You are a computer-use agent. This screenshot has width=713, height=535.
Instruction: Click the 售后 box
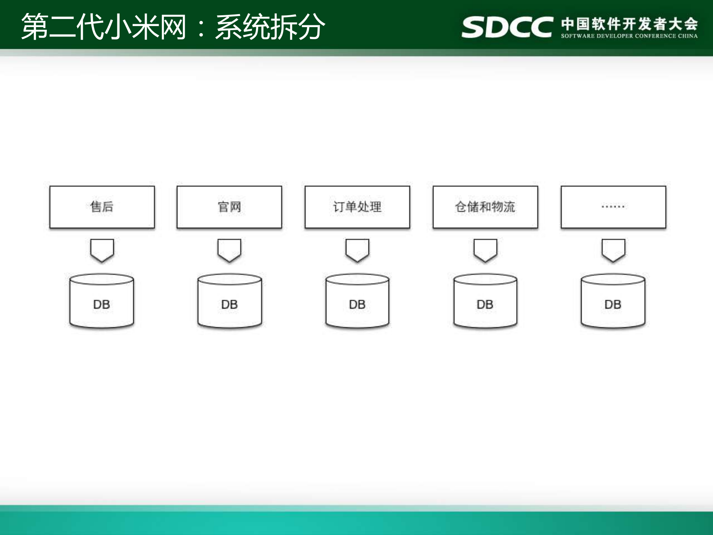pos(102,207)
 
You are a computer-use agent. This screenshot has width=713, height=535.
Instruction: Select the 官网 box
pos(229,207)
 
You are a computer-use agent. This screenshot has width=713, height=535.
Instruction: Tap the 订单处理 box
pos(357,207)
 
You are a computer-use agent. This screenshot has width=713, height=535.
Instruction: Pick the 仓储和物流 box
pos(485,207)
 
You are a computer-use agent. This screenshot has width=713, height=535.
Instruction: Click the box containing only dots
pos(613,207)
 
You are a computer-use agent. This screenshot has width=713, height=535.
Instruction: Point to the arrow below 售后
pos(102,250)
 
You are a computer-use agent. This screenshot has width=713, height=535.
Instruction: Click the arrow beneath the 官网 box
pos(229,250)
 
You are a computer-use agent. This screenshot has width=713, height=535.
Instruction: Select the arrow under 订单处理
pos(357,250)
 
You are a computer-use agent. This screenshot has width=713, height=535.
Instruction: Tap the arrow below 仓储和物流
pos(485,250)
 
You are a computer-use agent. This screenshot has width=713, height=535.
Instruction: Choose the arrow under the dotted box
pos(613,250)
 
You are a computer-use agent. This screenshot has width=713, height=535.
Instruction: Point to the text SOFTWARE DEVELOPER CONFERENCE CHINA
pos(629,36)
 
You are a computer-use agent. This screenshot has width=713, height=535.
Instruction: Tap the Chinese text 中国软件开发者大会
pos(629,23)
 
